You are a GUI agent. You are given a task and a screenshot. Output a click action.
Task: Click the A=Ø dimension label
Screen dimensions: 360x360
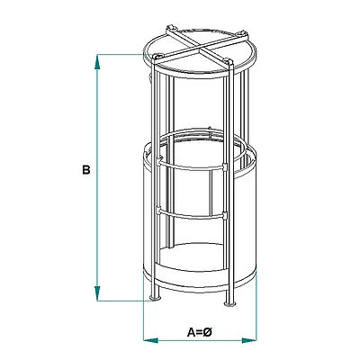click(199, 331)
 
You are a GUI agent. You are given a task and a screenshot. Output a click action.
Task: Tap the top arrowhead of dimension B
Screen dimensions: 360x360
click(97, 59)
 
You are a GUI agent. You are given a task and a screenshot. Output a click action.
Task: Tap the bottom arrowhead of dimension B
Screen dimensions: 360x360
click(97, 296)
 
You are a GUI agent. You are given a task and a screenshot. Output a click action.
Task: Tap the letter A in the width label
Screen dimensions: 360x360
click(191, 331)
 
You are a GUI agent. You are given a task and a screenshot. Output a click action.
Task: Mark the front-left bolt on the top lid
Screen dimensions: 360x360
click(157, 58)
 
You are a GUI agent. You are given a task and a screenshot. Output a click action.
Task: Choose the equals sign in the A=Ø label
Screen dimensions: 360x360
click(199, 331)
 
